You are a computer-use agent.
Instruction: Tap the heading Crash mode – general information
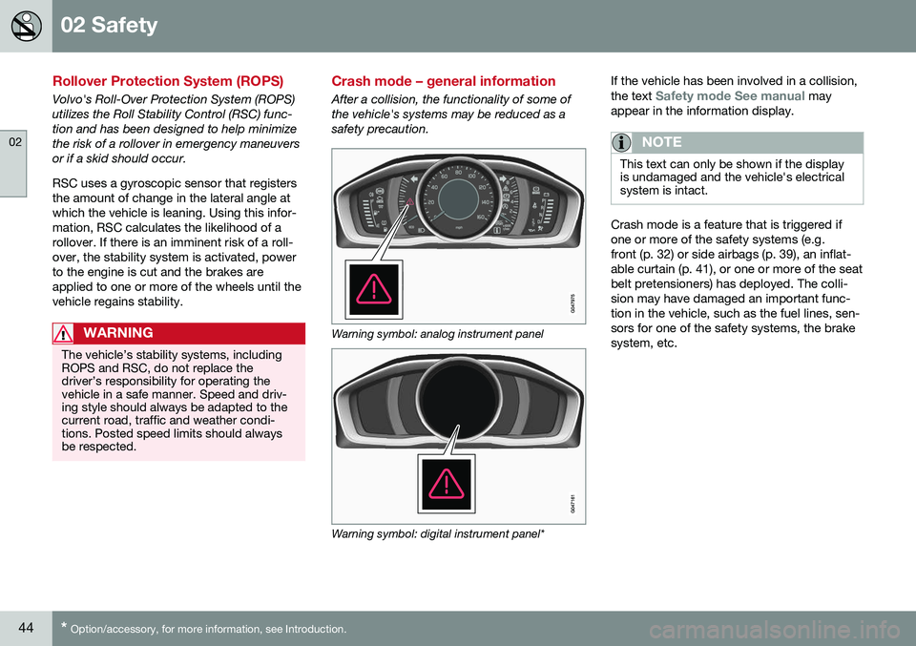pyautogui.click(x=443, y=81)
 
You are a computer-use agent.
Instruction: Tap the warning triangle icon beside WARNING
pyautogui.click(x=65, y=333)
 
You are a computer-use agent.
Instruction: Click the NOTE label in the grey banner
pyautogui.click(x=662, y=142)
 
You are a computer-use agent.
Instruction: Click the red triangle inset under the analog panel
pyautogui.click(x=373, y=288)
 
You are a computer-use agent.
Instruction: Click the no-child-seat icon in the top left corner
pyautogui.click(x=26, y=26)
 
